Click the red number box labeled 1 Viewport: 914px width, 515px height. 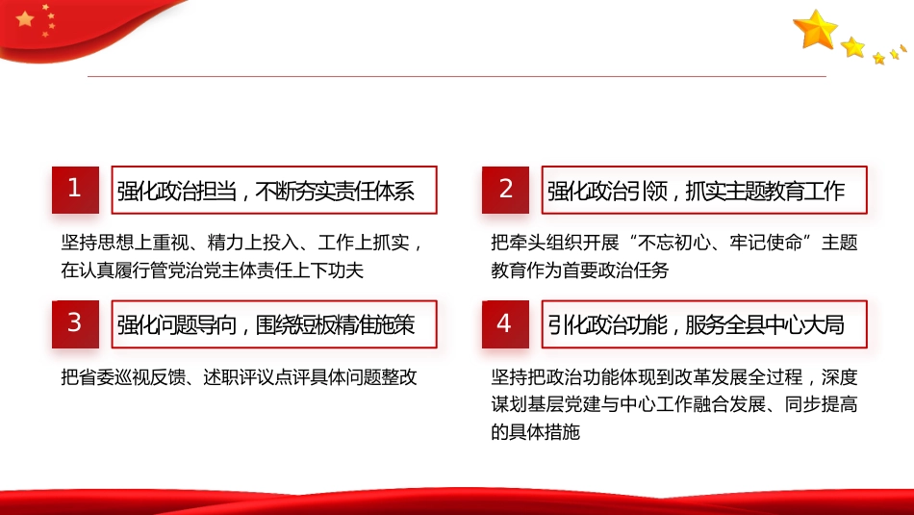pos(75,189)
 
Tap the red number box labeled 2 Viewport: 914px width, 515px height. pos(506,189)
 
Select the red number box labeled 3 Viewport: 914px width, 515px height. pos(75,322)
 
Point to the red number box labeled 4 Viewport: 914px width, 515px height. pos(505,322)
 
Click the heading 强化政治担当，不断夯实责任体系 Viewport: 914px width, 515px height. pos(267,191)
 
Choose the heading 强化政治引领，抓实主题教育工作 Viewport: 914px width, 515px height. pos(697,191)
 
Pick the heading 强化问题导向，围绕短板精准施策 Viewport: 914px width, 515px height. pos(267,324)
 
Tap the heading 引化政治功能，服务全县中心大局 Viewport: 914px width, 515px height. pos(697,324)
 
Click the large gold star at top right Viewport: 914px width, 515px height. pos(816,30)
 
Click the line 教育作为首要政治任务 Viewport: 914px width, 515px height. pos(579,270)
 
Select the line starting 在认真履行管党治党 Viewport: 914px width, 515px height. pos(212,270)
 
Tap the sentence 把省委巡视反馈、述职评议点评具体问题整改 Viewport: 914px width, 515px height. pos(239,376)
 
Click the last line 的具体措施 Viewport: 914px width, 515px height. pos(535,432)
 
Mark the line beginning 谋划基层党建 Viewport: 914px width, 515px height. pos(673,404)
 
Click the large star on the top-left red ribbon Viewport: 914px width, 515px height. pos(25,18)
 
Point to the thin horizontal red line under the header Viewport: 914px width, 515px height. pos(457,76)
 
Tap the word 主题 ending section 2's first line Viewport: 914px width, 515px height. pos(839,243)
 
